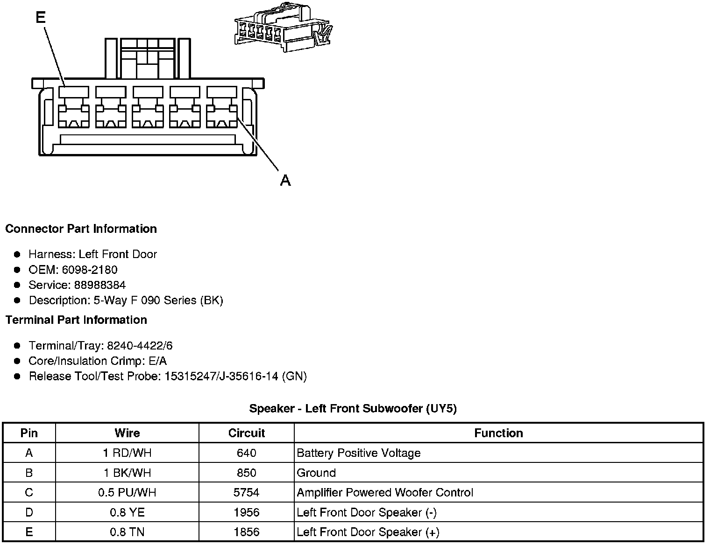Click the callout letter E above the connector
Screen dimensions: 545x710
pos(41,18)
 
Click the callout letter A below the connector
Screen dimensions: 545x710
pos(285,180)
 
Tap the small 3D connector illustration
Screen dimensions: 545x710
pos(283,29)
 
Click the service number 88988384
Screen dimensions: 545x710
pos(99,285)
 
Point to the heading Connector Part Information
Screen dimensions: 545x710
pos(81,229)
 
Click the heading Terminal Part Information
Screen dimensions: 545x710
pos(76,320)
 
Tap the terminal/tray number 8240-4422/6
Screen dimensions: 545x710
pos(140,346)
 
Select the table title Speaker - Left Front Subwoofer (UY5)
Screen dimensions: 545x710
pos(353,409)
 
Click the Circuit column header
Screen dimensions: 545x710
pos(246,433)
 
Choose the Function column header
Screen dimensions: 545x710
pos(498,433)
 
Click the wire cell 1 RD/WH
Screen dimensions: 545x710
pos(127,453)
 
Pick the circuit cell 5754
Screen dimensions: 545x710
pos(246,493)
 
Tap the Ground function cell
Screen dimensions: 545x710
pos(316,473)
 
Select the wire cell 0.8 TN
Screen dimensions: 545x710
pos(127,532)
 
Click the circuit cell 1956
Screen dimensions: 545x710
pos(246,512)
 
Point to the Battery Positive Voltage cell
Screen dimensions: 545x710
pos(358,453)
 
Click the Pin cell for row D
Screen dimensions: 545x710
pos(29,512)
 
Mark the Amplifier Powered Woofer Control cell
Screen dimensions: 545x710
pos(385,493)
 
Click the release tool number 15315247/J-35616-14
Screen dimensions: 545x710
pos(222,377)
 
